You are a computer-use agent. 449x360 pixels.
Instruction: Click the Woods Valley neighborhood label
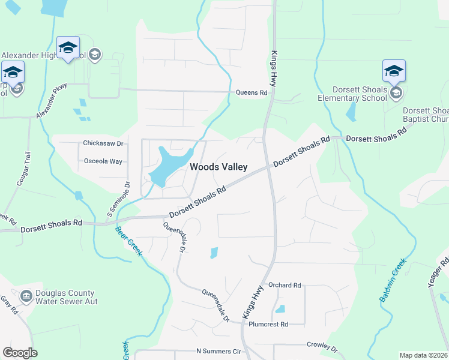[218, 167]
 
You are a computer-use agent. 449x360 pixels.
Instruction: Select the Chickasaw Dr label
[103, 143]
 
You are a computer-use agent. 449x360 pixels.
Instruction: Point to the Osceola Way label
[103, 161]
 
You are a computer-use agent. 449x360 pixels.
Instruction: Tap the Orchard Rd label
[284, 285]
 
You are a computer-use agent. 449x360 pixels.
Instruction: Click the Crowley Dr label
[322, 347]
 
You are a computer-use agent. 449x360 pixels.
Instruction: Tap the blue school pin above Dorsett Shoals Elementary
[394, 71]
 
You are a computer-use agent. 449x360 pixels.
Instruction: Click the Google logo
[20, 353]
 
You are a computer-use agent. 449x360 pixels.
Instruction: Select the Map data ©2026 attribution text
[424, 355]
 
